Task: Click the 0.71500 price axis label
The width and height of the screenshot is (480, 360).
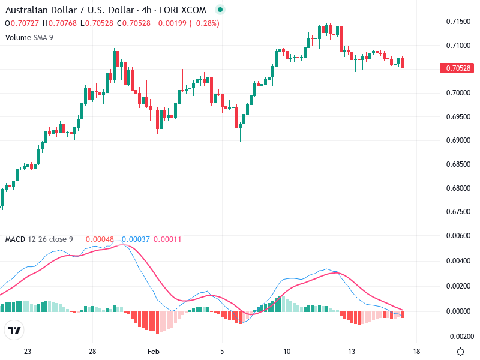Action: [x=458, y=22]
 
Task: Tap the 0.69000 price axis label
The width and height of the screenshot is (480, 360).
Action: [x=458, y=140]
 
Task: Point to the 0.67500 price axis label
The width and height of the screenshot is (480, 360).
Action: [x=458, y=212]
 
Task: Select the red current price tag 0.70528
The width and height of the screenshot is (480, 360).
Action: [x=458, y=68]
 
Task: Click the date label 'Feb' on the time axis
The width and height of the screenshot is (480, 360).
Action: [x=154, y=352]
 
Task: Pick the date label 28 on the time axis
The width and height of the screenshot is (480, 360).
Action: [x=92, y=352]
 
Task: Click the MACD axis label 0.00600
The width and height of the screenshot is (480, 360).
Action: [x=458, y=236]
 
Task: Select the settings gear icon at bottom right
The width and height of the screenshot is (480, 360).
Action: [x=460, y=352]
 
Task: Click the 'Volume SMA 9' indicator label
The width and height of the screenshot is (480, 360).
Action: [x=29, y=37]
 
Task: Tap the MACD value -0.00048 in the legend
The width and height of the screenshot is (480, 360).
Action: [x=97, y=239]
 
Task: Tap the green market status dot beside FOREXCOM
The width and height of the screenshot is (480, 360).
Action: [x=220, y=10]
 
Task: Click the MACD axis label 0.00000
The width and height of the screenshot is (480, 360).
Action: [x=458, y=311]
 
